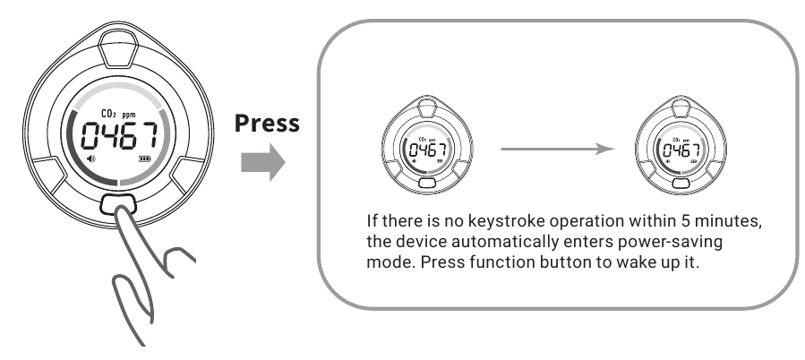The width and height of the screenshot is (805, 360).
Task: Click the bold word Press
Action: click(267, 124)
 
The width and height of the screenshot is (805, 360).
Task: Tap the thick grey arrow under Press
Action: click(263, 162)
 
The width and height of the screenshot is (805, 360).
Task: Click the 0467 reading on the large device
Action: click(120, 136)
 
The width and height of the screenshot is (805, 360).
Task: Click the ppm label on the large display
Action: click(129, 115)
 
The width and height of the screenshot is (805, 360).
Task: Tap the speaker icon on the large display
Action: click(91, 159)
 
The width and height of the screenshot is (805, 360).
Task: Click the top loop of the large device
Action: click(117, 48)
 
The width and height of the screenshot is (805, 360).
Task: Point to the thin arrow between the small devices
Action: click(558, 149)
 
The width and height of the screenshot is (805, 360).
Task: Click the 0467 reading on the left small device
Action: click(427, 150)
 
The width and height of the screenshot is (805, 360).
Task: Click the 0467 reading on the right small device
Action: click(681, 150)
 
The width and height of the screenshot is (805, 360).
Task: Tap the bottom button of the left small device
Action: click(427, 183)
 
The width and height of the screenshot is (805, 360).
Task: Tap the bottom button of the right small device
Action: click(681, 183)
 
